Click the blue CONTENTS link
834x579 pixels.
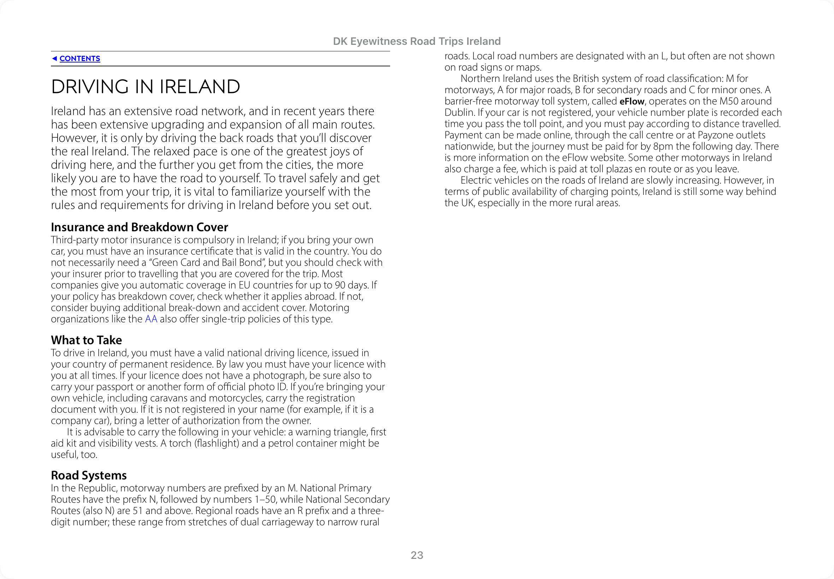tap(80, 58)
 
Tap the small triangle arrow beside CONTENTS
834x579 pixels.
tap(54, 58)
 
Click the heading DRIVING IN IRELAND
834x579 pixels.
tap(145, 87)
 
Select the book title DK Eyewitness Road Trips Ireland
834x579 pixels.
tap(416, 41)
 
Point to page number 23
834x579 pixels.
tap(417, 555)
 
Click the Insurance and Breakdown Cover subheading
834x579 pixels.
tap(139, 227)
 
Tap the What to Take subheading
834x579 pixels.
tap(87, 340)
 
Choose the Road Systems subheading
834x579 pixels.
tap(89, 475)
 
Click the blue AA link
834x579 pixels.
tap(151, 319)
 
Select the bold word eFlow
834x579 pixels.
tap(632, 101)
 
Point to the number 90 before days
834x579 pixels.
tap(340, 285)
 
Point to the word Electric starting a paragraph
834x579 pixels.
tap(476, 180)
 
